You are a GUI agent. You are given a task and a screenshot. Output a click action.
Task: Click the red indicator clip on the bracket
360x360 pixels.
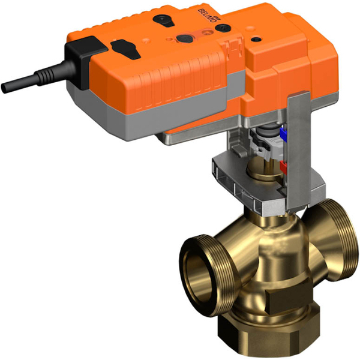point(282,167)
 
